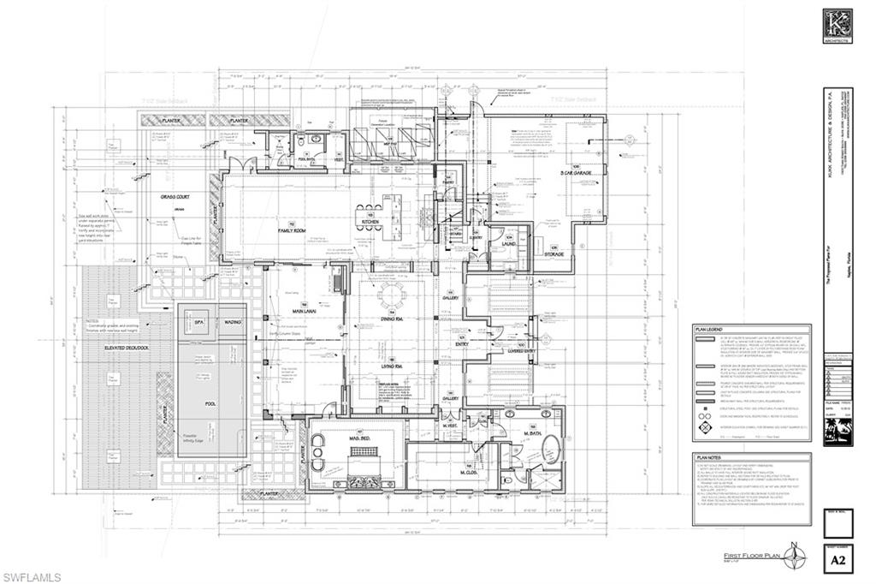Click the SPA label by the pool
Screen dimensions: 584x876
coord(200,322)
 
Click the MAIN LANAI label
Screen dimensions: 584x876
coord(301,311)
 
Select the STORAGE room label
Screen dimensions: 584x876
coord(553,253)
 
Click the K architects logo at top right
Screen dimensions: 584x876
coord(836,26)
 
